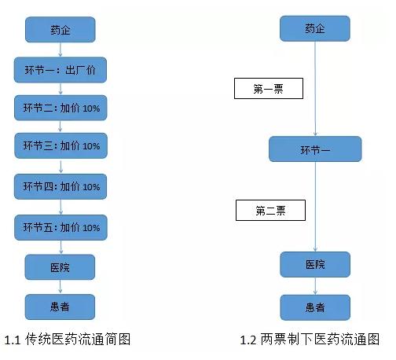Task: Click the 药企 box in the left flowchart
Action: (x=61, y=30)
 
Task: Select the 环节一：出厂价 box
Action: (x=61, y=71)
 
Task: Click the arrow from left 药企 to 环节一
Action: (x=61, y=50)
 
